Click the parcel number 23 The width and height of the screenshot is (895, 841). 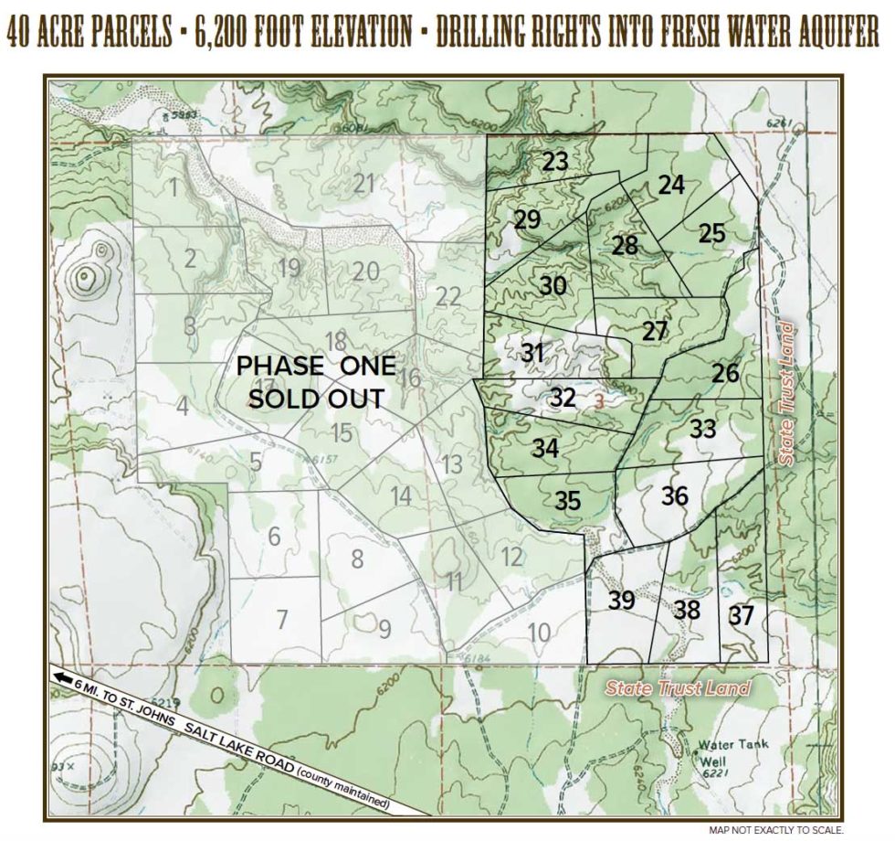tap(554, 162)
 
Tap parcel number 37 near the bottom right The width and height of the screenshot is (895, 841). tap(742, 616)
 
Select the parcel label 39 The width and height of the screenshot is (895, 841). tap(622, 601)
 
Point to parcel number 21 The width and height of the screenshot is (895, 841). tap(365, 183)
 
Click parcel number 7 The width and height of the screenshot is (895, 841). tap(282, 619)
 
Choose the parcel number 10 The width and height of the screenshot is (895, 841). tap(539, 631)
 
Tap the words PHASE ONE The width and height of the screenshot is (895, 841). tap(316, 367)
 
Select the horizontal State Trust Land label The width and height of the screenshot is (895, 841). tap(679, 688)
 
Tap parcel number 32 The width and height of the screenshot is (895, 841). tap(563, 398)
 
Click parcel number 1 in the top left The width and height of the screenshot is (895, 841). tap(173, 188)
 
